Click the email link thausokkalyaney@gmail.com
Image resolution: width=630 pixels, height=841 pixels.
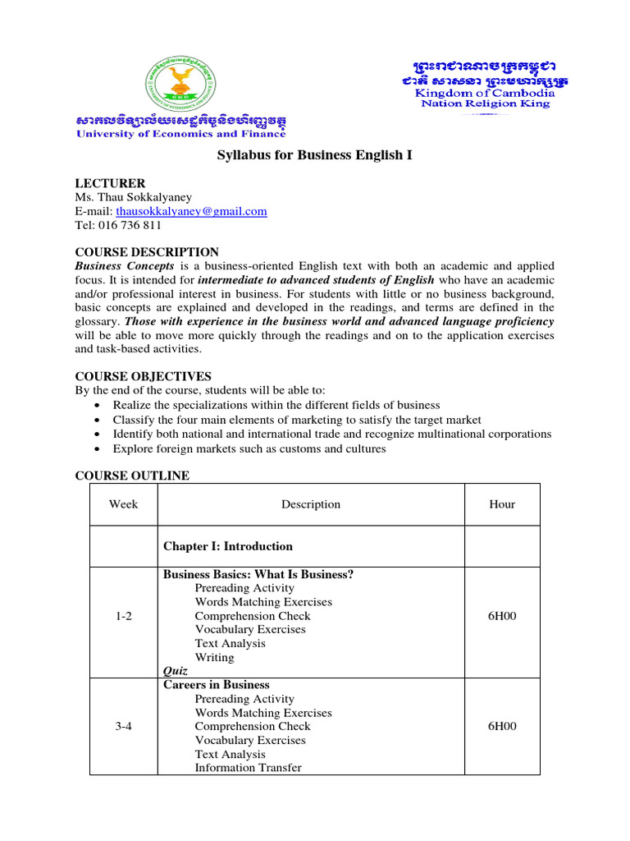click(191, 211)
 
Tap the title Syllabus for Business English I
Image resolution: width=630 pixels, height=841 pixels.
click(314, 154)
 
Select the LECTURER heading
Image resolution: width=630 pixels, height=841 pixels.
click(110, 183)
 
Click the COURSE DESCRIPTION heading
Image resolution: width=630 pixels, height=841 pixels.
click(147, 252)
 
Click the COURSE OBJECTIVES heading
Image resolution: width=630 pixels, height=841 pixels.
click(143, 376)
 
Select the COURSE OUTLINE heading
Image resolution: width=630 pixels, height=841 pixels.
click(132, 476)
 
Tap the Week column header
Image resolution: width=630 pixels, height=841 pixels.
click(123, 504)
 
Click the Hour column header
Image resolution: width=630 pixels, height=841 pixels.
click(502, 504)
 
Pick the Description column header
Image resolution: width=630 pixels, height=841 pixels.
click(310, 504)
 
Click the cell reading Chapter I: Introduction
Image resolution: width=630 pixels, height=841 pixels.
click(228, 546)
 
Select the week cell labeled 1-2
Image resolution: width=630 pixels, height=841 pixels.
click(123, 616)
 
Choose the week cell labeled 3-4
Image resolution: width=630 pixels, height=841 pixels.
click(123, 726)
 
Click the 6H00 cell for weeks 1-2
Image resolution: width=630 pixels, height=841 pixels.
click(502, 616)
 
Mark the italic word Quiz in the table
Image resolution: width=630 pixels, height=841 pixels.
click(176, 671)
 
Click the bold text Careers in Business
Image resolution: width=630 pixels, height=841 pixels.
click(217, 685)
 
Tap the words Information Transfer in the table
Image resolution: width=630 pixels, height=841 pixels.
click(248, 768)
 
